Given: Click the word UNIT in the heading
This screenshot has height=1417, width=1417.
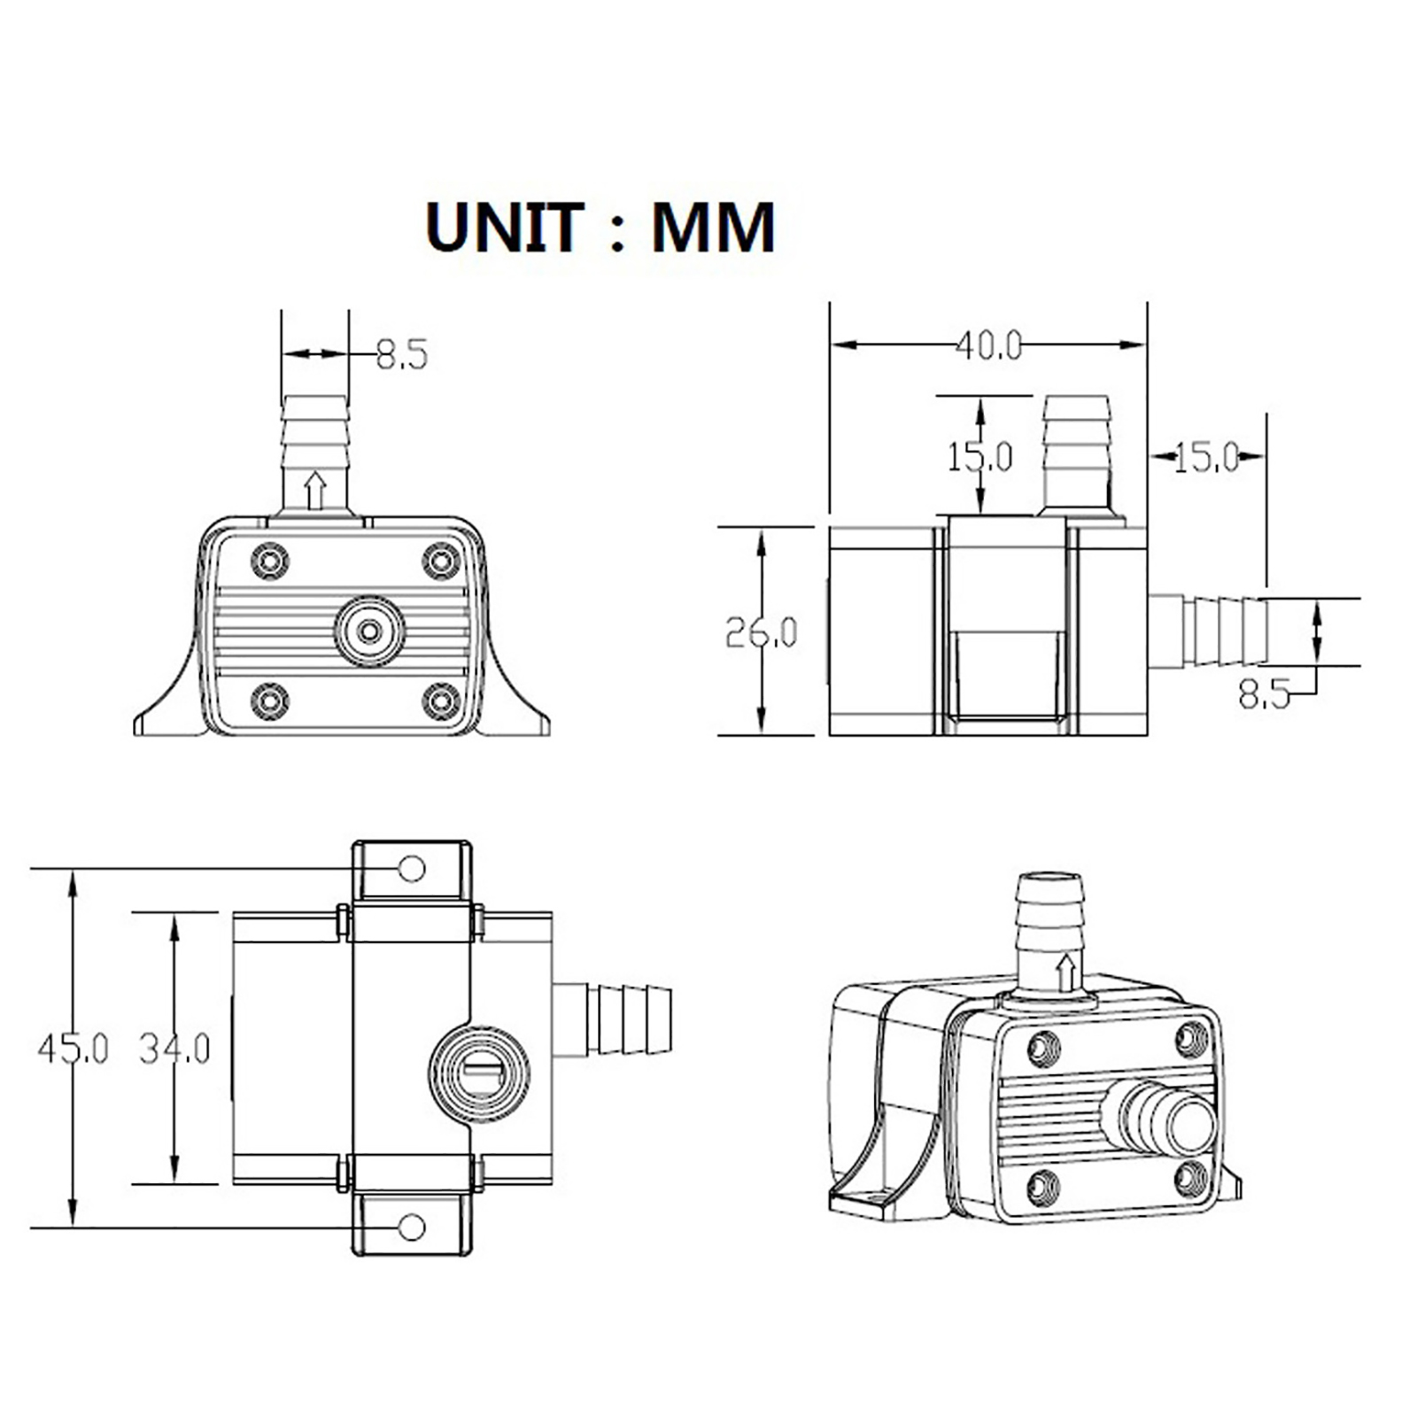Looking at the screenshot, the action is pos(505,228).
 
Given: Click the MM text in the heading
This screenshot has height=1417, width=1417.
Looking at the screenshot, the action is pos(714,228).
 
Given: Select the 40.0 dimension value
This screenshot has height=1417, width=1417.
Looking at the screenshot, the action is pos(988,345).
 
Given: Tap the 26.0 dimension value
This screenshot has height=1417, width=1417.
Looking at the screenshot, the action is pos(761,632).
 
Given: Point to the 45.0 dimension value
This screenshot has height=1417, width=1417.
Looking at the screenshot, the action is pos(73,1049).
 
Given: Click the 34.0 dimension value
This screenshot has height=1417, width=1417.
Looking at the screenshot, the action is pos(174,1049).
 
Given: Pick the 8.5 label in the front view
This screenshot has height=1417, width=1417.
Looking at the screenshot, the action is pos(401,354).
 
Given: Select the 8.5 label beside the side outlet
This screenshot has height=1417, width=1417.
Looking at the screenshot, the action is pos(1264,695).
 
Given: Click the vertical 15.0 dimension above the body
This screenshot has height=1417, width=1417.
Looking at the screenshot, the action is pos(980,457).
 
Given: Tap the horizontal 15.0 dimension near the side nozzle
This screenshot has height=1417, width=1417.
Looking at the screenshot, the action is pos(1206,457).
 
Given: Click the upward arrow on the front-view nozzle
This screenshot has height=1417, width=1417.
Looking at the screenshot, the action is pos(314,491).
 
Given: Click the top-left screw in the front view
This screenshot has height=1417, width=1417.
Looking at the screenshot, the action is pos(270,561).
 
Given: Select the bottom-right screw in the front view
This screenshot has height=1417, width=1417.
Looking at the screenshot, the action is pos(441,701).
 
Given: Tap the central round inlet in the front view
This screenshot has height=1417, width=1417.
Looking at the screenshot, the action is pos(369,631).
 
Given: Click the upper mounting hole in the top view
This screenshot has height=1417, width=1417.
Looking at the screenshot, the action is pos(412,869).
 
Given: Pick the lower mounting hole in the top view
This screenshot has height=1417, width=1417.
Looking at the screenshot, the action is pos(412,1227).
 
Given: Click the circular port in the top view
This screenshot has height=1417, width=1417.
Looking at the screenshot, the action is pos(479,1074).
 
